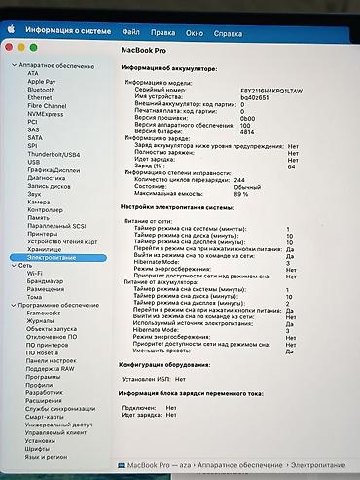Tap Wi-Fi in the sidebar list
pos(34,273)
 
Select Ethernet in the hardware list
pos(40,98)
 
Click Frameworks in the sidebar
pos(43,312)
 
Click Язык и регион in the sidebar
pos(47,455)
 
